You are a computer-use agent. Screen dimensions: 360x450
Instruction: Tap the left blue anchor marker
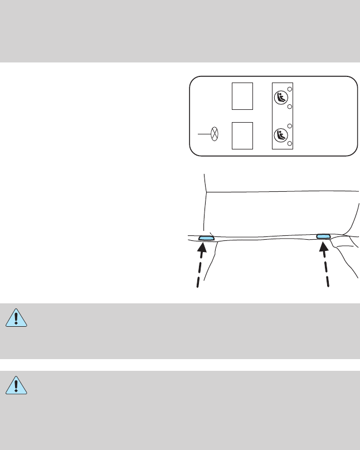point(206,238)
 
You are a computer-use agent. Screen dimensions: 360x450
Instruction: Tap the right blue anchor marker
point(323,237)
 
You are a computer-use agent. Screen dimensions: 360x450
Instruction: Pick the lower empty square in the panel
point(242,134)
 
